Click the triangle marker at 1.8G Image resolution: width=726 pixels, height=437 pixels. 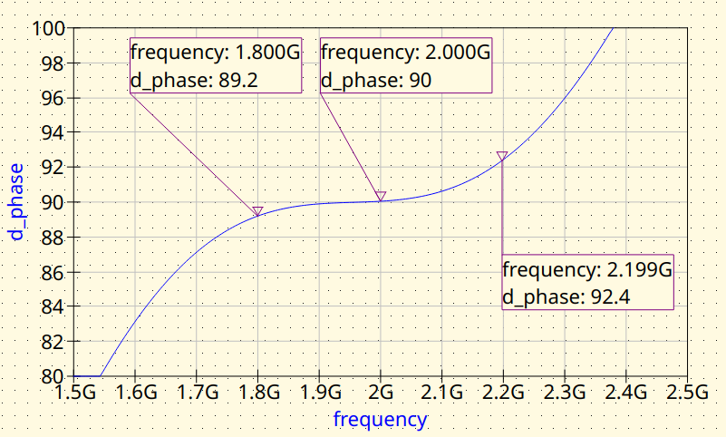coord(257,211)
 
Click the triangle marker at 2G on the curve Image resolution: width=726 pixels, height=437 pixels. coord(381,196)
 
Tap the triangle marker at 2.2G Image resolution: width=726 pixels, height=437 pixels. coord(502,156)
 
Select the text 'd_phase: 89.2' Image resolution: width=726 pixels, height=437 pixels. coord(194,80)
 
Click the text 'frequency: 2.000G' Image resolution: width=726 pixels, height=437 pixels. coord(405,53)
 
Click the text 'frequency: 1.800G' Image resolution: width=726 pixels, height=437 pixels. coord(215,53)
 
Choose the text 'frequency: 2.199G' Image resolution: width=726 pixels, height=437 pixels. coord(586,270)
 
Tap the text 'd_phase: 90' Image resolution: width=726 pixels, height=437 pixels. coord(375,80)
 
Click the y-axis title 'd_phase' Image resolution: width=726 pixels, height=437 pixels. coord(16,201)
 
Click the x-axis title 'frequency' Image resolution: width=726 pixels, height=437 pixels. coord(380,420)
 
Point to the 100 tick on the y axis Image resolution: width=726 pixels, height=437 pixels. coord(47,28)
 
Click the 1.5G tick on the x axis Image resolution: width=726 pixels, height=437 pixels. coord(74,393)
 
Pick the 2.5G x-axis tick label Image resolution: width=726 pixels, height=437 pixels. coord(686,393)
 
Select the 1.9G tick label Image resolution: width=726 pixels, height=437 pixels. coord(319,393)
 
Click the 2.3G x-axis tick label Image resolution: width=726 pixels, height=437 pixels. coord(564,393)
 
